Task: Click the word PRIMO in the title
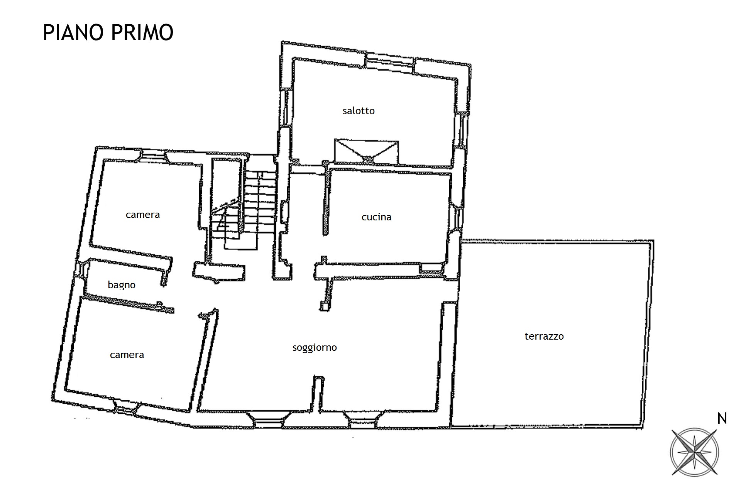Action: point(142,32)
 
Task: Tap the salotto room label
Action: point(359,111)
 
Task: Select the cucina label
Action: point(376,217)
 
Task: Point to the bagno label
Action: point(122,285)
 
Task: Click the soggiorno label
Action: point(315,348)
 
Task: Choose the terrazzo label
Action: point(544,336)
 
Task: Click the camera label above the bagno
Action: point(143,215)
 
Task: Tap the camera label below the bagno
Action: point(127,355)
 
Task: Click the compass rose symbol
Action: point(694,452)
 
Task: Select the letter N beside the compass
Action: point(722,419)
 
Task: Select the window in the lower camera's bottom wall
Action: point(124,408)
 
